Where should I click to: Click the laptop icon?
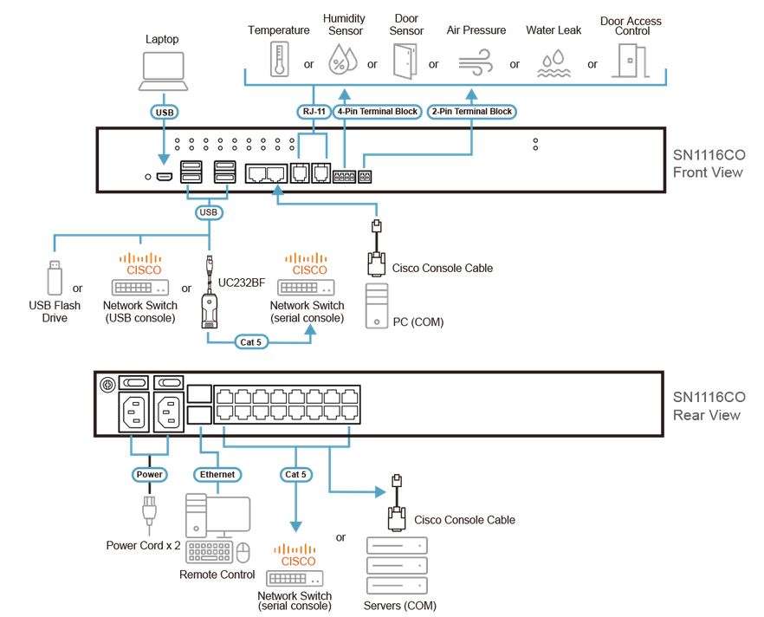click(x=162, y=71)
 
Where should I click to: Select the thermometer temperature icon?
click(x=278, y=59)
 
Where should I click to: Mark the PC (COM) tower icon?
click(x=379, y=303)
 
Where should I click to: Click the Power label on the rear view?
click(x=149, y=474)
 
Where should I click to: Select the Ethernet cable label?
click(x=217, y=474)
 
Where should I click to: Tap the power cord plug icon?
click(x=147, y=513)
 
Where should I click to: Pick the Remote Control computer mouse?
click(x=243, y=552)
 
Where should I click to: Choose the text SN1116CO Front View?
click(x=709, y=164)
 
